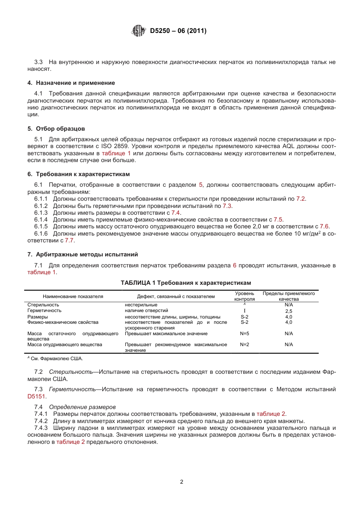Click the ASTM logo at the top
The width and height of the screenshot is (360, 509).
point(138,31)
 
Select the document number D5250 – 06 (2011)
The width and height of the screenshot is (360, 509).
point(178,31)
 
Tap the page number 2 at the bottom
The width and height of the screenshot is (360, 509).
point(182,482)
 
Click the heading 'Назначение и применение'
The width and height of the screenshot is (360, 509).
point(75,83)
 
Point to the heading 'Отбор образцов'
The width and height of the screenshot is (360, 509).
point(60,129)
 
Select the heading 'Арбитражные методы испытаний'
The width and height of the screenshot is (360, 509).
point(87,254)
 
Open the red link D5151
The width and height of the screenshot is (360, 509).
point(36,397)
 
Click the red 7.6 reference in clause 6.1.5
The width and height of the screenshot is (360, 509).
point(324,226)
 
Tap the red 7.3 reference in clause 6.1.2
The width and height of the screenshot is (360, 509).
point(227,206)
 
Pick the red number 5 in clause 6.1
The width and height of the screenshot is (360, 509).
point(201,185)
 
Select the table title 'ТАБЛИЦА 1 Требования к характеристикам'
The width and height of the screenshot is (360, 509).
point(186,283)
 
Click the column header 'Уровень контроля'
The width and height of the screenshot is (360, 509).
point(244,296)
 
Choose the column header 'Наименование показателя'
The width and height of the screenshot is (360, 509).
point(73,297)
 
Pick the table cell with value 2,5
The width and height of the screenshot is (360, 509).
point(288,311)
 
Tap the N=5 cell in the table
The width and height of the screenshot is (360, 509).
point(244,334)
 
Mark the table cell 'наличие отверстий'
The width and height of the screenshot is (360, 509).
point(146,311)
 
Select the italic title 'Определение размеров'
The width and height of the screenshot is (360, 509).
point(82,407)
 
